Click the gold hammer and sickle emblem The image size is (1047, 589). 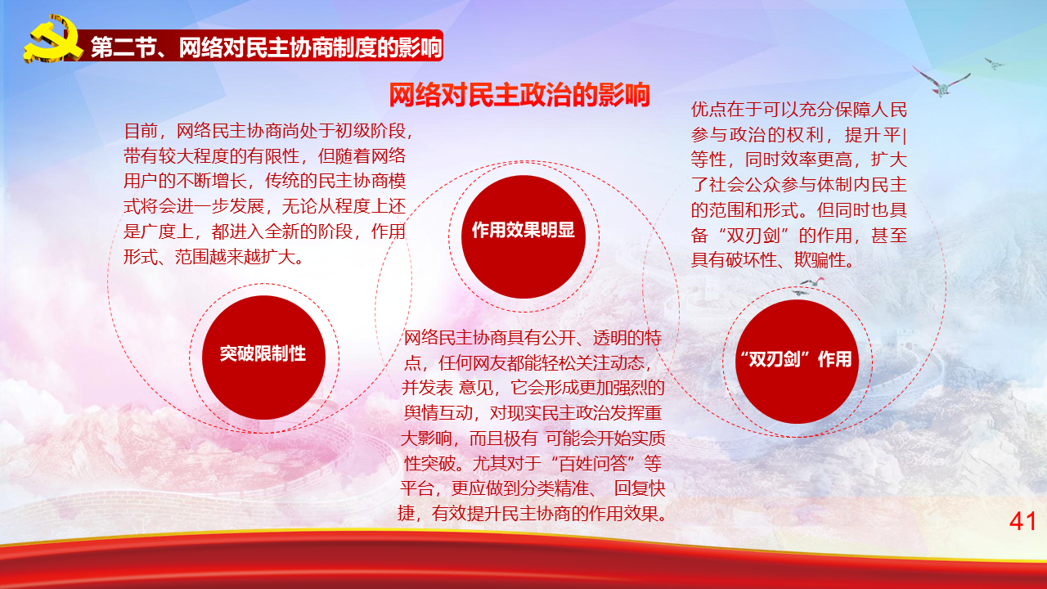[52, 39]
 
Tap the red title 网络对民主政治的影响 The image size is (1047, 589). [519, 95]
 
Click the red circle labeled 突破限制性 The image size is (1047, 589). [263, 357]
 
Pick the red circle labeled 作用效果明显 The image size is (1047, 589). [523, 236]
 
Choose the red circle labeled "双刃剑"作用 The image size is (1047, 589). [797, 362]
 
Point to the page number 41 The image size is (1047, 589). [1022, 521]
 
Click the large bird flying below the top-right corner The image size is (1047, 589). [941, 83]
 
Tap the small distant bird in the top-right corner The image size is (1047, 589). [993, 64]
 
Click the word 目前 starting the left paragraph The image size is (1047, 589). [142, 131]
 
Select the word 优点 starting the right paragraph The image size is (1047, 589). [708, 110]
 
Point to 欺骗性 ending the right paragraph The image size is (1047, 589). [820, 260]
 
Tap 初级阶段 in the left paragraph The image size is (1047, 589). [370, 131]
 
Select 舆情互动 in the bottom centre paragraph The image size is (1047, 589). [438, 413]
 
